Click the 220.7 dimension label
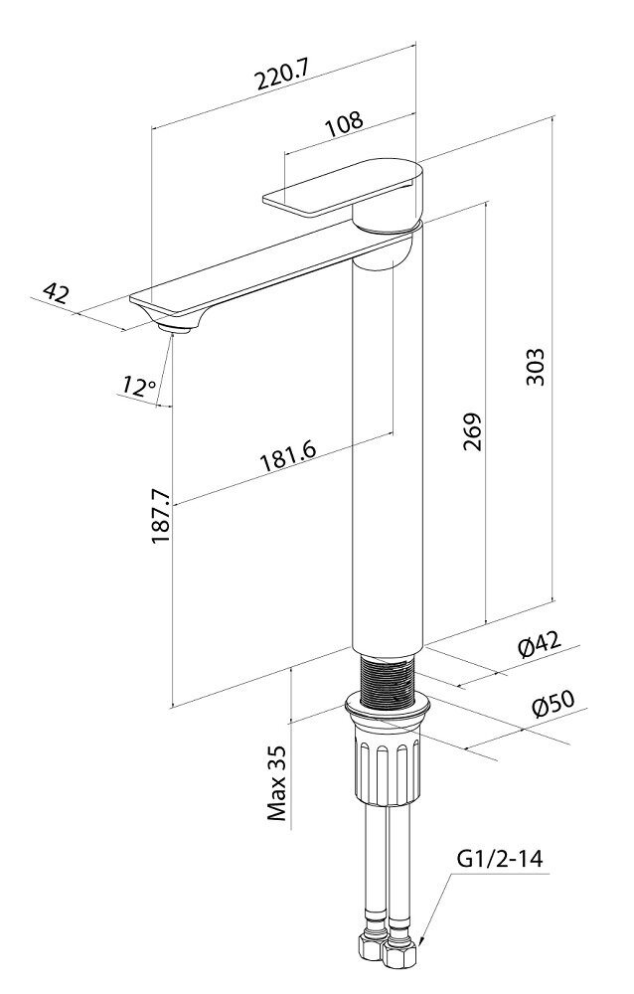(x=281, y=75)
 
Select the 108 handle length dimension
(x=345, y=123)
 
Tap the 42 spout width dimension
(x=57, y=292)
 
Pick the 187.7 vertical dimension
(x=161, y=515)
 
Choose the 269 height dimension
(x=472, y=431)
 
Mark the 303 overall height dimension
(x=535, y=366)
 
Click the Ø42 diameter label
(x=540, y=645)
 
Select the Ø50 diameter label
(x=553, y=703)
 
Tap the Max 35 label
(x=277, y=783)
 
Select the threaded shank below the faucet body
(x=388, y=679)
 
